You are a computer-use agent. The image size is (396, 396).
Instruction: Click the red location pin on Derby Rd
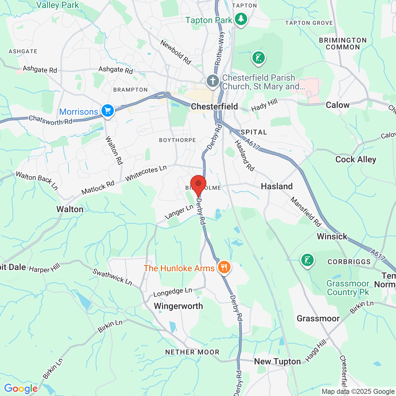pyautogui.click(x=198, y=184)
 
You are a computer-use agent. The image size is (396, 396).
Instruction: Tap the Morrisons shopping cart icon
pyautogui.click(x=108, y=110)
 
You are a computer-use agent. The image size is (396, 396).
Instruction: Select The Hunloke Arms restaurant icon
pyautogui.click(x=224, y=267)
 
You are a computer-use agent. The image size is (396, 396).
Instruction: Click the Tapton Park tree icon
pyautogui.click(x=241, y=19)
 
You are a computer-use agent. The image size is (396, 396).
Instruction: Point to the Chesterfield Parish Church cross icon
pyautogui.click(x=213, y=81)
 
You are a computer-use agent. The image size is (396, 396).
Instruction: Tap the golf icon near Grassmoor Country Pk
pyautogui.click(x=308, y=260)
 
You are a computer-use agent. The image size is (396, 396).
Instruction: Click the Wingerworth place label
pyautogui.click(x=179, y=306)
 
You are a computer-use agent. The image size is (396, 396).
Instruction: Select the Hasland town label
pyautogui.click(x=277, y=186)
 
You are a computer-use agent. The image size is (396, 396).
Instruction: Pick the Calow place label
pyautogui.click(x=338, y=105)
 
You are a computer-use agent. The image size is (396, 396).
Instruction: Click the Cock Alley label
pyautogui.click(x=356, y=160)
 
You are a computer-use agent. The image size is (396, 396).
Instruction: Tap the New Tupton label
pyautogui.click(x=277, y=362)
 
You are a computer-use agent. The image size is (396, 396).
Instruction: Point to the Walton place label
pyautogui.click(x=70, y=209)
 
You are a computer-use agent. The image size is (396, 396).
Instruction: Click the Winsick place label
pyautogui.click(x=332, y=237)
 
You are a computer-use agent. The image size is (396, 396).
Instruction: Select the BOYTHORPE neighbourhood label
pyautogui.click(x=177, y=140)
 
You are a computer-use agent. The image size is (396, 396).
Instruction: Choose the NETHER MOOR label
pyautogui.click(x=192, y=352)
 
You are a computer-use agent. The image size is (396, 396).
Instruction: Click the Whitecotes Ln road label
pyautogui.click(x=146, y=173)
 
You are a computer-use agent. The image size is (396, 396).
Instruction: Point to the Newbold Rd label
pyautogui.click(x=176, y=52)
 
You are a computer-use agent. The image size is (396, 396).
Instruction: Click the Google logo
pyautogui.click(x=21, y=389)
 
